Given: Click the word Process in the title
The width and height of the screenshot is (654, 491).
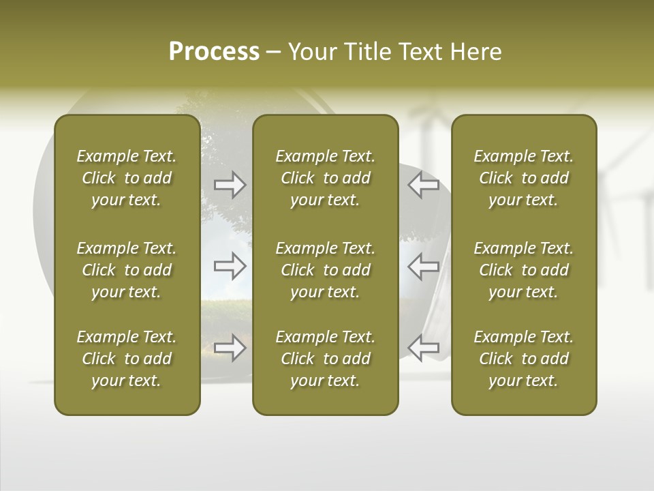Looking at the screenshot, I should [x=214, y=52].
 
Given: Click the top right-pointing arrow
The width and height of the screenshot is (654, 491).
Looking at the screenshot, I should [x=230, y=185].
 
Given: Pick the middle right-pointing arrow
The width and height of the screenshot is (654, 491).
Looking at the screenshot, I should [x=230, y=266].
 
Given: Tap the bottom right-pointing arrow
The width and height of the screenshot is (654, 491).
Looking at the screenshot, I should [x=230, y=347].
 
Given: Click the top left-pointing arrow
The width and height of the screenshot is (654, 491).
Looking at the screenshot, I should [x=423, y=185].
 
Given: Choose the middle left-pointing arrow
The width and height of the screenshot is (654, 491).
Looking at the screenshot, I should [x=423, y=266].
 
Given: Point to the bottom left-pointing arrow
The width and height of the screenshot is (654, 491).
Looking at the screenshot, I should [x=423, y=347].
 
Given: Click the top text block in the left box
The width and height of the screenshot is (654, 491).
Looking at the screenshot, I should [x=127, y=178].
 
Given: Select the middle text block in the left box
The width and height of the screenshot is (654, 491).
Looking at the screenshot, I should [x=127, y=270].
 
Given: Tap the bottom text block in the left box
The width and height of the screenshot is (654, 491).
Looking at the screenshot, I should [x=127, y=359].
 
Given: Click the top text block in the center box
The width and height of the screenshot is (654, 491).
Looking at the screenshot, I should [x=325, y=178].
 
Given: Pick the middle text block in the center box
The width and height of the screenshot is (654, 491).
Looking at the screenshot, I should [x=325, y=270].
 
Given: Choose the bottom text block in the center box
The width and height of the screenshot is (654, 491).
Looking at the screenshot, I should [x=325, y=359].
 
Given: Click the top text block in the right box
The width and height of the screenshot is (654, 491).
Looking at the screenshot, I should [x=523, y=178].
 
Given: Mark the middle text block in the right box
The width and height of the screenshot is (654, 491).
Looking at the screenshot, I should [x=523, y=270].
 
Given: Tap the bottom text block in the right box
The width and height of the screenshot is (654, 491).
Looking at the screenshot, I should [x=523, y=359].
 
